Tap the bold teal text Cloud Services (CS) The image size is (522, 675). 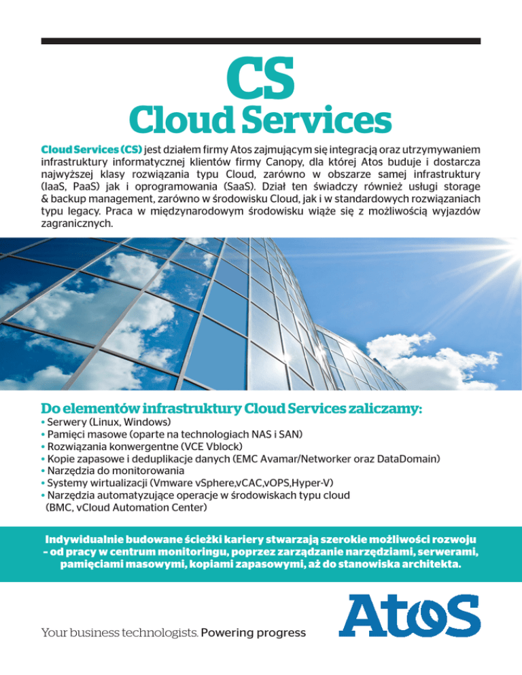(x=92, y=149)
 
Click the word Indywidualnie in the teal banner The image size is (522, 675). (x=84, y=539)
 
